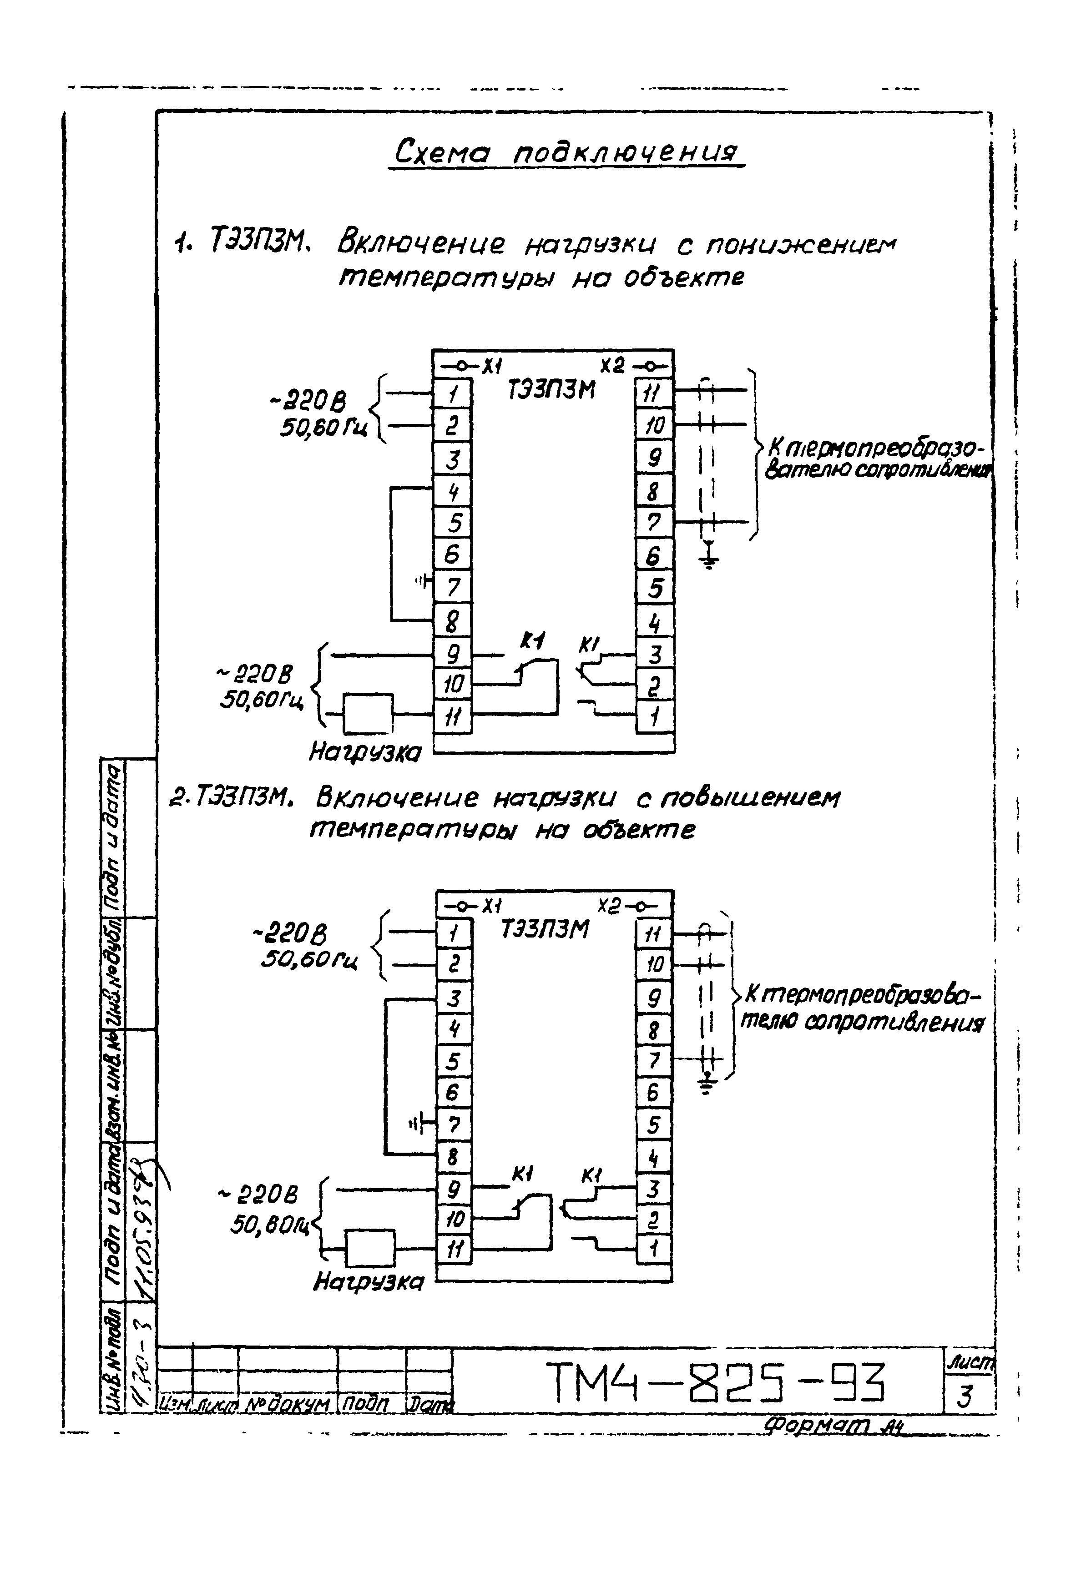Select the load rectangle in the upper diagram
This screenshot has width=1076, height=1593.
368,714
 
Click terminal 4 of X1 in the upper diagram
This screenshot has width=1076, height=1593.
452,491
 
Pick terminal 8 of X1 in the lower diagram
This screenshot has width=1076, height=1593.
453,1157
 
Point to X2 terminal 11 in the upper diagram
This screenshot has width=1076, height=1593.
653,393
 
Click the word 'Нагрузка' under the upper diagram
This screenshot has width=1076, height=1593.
365,753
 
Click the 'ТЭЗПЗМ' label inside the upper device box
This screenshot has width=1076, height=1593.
551,390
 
